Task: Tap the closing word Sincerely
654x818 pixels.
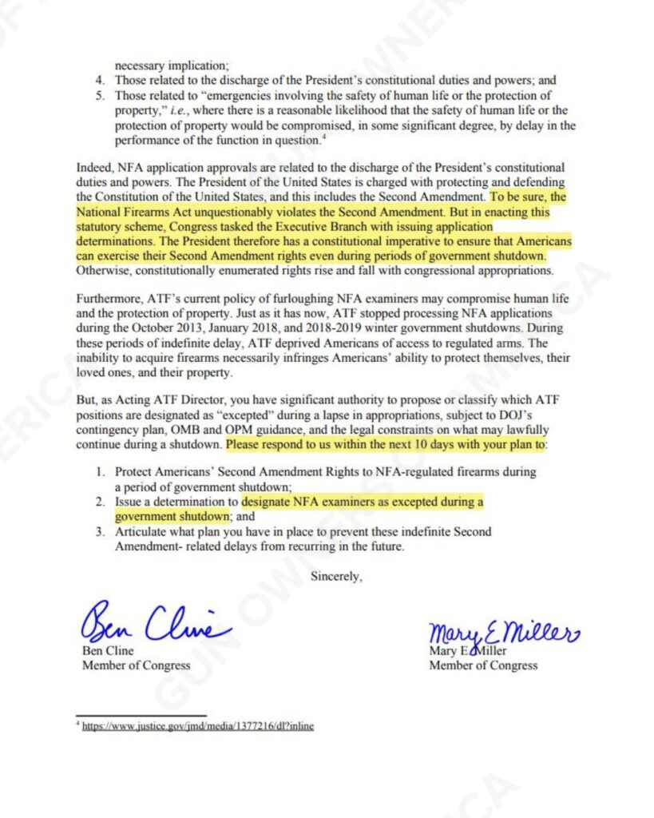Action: pyautogui.click(x=336, y=576)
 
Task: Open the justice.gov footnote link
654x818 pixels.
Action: pyautogui.click(x=198, y=727)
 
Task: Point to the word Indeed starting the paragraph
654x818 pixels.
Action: pyautogui.click(x=93, y=169)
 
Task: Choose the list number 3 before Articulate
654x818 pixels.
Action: pyautogui.click(x=100, y=531)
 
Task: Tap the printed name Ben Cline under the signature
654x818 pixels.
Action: pyautogui.click(x=108, y=651)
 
